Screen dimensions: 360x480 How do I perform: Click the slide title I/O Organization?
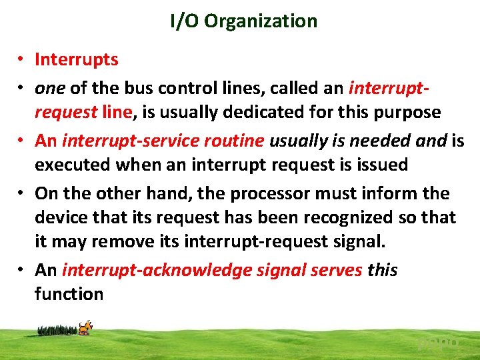(x=243, y=21)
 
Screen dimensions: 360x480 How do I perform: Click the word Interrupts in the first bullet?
(x=77, y=59)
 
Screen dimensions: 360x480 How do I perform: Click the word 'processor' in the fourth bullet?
(x=253, y=193)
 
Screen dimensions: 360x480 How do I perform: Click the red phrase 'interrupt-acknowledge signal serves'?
(x=212, y=270)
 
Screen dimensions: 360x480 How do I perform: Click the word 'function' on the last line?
(x=69, y=293)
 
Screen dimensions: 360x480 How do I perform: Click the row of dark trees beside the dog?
(x=57, y=329)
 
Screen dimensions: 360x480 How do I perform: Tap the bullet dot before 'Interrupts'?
(x=21, y=60)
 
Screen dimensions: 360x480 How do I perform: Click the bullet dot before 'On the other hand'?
(x=21, y=194)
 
